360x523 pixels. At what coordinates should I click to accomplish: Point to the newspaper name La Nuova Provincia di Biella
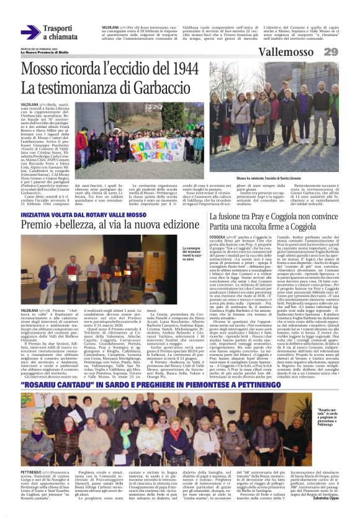37,52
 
